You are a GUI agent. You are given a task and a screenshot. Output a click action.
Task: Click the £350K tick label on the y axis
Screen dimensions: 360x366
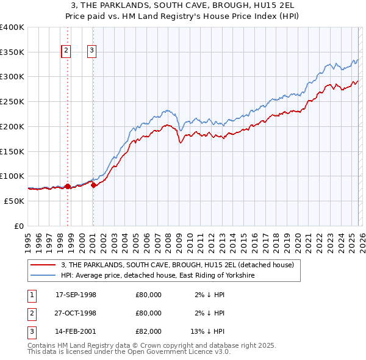[x=12, y=52]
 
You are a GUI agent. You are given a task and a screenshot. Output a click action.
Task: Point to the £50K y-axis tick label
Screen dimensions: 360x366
[x=14, y=201]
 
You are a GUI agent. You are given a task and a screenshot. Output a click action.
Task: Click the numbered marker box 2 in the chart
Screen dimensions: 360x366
[x=66, y=51]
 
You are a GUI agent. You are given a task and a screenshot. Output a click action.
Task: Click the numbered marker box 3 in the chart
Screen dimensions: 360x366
[x=92, y=51]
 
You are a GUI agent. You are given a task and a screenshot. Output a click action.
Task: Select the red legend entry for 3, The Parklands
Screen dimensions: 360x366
[x=178, y=265]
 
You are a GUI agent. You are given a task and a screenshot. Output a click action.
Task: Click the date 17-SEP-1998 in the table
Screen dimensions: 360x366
[x=76, y=295]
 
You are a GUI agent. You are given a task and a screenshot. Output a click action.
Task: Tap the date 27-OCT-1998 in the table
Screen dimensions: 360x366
[x=76, y=313]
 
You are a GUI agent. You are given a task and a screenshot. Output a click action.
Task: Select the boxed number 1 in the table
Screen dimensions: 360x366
[x=30, y=295]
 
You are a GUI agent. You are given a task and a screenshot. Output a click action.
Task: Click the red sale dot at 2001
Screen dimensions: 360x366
[x=93, y=185]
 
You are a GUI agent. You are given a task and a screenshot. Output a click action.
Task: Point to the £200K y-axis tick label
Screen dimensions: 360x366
[x=12, y=126]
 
